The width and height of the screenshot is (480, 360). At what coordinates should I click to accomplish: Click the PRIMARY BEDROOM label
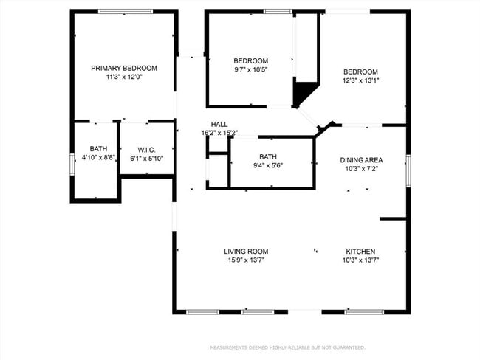point(124,68)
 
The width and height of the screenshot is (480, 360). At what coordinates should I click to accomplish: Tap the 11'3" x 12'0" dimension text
point(124,77)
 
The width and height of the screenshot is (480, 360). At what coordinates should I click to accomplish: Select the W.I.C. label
point(145,148)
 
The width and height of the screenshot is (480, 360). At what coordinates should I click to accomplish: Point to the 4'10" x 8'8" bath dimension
point(98,157)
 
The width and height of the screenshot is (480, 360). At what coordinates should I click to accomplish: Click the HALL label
point(219,124)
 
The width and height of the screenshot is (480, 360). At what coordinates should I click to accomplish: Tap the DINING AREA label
point(361,160)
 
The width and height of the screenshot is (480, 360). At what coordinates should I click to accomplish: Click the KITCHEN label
point(361,252)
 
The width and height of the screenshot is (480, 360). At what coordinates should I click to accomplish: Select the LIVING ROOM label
point(246,252)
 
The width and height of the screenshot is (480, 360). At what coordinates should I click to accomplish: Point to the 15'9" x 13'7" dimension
point(246,260)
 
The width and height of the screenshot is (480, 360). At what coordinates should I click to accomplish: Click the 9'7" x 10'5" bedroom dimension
point(251,69)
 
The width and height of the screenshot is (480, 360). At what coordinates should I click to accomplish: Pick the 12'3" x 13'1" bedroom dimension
point(361,80)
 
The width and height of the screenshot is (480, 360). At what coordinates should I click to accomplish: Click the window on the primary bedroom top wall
point(126,11)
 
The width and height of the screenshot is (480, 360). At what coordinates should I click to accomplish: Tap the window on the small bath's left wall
point(72,164)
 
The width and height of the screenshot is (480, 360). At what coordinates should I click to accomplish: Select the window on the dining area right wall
point(408,170)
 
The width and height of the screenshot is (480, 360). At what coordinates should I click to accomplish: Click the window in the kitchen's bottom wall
point(363,312)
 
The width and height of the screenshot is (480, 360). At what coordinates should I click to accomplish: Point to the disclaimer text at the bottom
point(287,347)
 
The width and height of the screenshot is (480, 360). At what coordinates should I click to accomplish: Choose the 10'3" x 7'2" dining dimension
point(361,169)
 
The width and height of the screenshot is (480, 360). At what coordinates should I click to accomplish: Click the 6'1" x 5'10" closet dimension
point(145,157)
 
